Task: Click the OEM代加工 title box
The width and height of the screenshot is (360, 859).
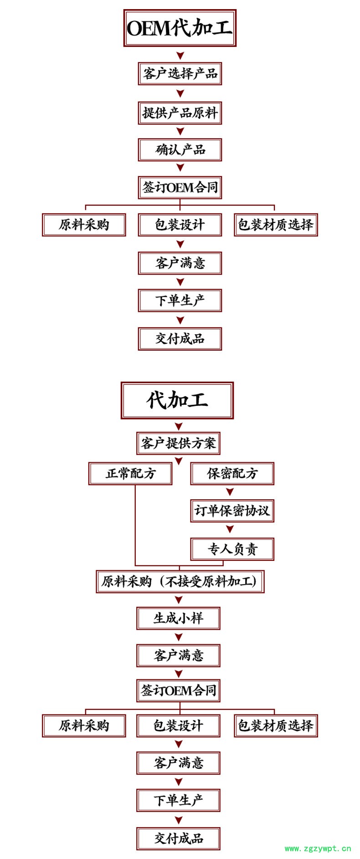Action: pyautogui.click(x=180, y=28)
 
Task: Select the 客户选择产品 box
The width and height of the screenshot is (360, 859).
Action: pyautogui.click(x=180, y=73)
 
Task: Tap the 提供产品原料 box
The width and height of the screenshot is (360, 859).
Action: pyautogui.click(x=180, y=113)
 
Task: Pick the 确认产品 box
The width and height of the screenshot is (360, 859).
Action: pyautogui.click(x=180, y=150)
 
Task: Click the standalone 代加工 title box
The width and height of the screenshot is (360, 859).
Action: pyautogui.click(x=177, y=400)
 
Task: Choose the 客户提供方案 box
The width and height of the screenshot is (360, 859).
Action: pyautogui.click(x=178, y=443)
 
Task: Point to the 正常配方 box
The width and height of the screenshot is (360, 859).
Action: pyautogui.click(x=130, y=473)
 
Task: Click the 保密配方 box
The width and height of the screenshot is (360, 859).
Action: pyautogui.click(x=232, y=473)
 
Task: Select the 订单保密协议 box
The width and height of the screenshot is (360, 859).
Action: pyautogui.click(x=232, y=511)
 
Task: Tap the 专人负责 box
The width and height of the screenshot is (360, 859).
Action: pyautogui.click(x=232, y=549)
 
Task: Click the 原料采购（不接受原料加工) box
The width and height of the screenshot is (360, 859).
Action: pyautogui.click(x=180, y=581)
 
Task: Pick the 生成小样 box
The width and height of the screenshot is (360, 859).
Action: pyautogui.click(x=178, y=618)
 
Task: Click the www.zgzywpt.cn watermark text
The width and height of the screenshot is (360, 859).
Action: pyautogui.click(x=318, y=849)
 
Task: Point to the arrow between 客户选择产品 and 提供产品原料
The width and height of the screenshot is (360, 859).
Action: pyautogui.click(x=180, y=93)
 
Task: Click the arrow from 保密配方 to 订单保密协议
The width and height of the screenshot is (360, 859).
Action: pyautogui.click(x=230, y=492)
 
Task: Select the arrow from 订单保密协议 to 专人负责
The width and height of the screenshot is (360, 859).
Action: pyautogui.click(x=230, y=529)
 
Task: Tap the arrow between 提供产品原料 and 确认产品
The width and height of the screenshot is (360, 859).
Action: pyautogui.click(x=180, y=131)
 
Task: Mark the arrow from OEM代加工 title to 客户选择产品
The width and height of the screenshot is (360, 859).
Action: pyautogui.click(x=180, y=56)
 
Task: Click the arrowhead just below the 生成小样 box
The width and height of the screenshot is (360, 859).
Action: pyautogui.click(x=179, y=637)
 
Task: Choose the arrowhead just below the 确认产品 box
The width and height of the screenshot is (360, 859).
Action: pyautogui.click(x=180, y=168)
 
